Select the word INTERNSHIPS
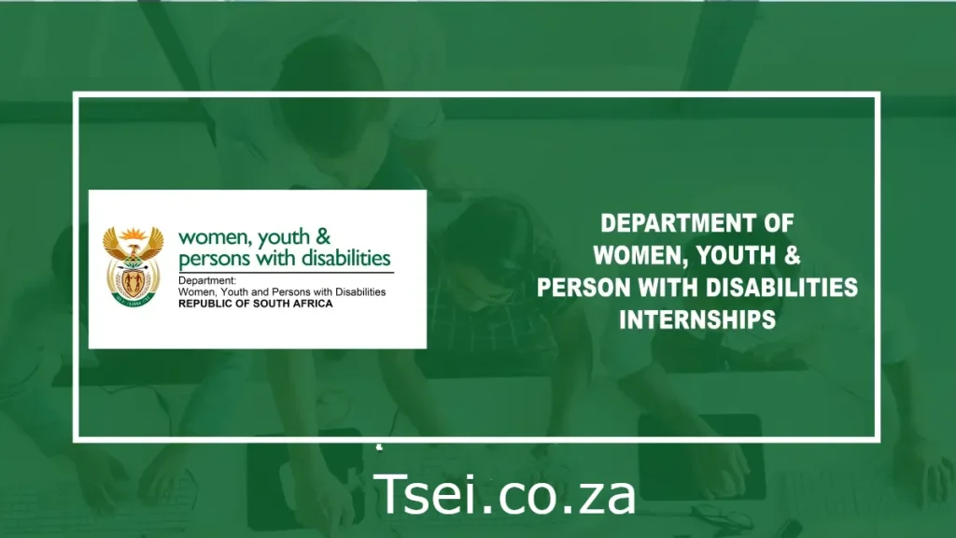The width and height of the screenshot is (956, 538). click(x=697, y=319)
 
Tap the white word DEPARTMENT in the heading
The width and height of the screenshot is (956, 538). click(x=676, y=224)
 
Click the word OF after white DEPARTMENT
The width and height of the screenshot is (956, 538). click(x=778, y=224)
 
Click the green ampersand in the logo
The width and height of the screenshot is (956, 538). click(x=322, y=239)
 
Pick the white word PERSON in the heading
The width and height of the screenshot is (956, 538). click(x=587, y=287)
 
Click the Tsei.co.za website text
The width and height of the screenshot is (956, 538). click(x=505, y=494)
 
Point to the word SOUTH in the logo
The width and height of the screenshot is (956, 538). click(x=269, y=304)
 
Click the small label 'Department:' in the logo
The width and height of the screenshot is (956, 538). click(x=207, y=280)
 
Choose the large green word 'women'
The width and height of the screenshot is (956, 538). click(x=208, y=239)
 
